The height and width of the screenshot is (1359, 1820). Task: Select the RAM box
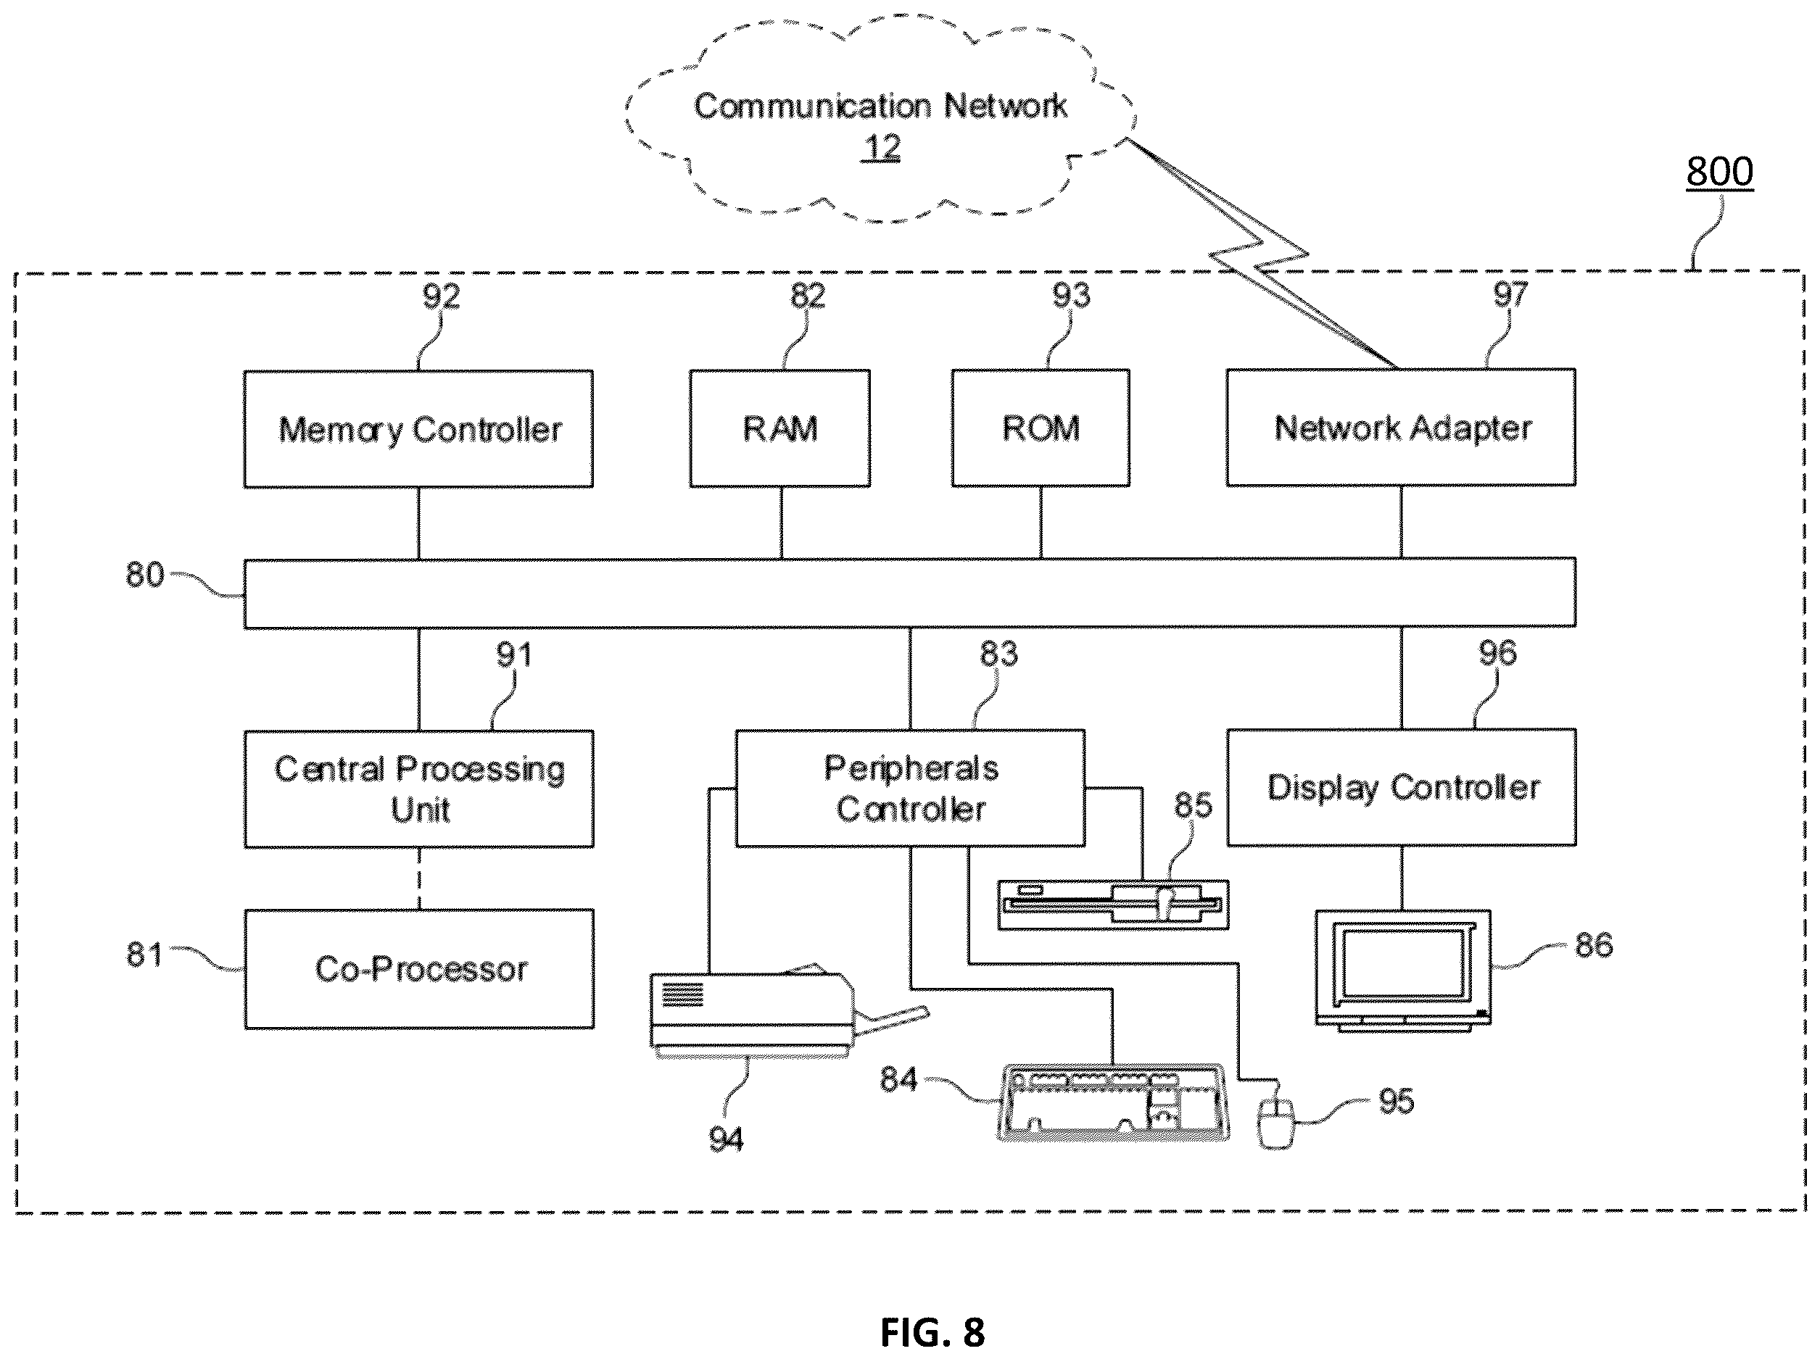(780, 428)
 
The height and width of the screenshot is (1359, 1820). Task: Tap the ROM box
(1041, 428)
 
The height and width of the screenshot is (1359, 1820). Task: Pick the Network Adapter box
(1401, 427)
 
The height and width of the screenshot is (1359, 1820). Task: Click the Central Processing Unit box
(419, 788)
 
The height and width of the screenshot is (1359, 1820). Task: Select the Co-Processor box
(419, 968)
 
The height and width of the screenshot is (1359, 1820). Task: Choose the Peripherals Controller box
(910, 787)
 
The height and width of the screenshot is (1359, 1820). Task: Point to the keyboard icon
(1113, 1102)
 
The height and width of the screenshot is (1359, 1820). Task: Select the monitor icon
(1404, 971)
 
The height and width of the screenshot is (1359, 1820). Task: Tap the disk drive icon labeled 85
(1113, 905)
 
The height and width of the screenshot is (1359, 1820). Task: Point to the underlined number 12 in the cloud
(881, 148)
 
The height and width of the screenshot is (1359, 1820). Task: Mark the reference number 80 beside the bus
(145, 574)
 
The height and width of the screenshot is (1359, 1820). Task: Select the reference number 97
(1510, 294)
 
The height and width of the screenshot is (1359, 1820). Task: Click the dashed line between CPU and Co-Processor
(419, 878)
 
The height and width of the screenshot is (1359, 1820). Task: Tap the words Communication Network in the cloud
(880, 106)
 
